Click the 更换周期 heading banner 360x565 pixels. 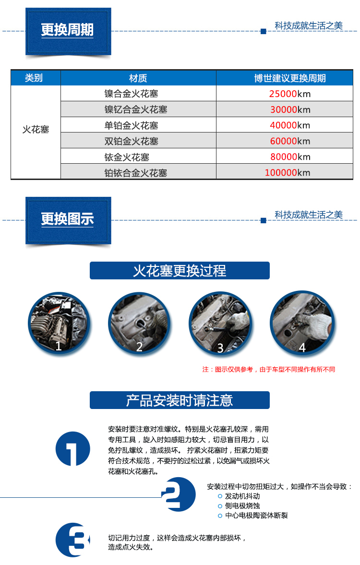tap(68, 31)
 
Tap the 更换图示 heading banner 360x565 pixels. tap(68, 219)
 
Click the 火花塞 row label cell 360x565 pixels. tap(36, 130)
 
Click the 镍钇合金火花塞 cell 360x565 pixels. tap(136, 109)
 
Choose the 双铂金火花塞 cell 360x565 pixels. tap(132, 141)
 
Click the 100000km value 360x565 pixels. tap(288, 173)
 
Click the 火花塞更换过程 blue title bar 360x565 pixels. tap(180, 271)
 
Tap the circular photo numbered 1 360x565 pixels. tap(59, 323)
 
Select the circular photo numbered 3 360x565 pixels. tap(220, 323)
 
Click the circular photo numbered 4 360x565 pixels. tap(302, 323)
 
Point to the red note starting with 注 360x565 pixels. tap(269, 370)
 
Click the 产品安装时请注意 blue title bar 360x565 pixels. tap(180, 400)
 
